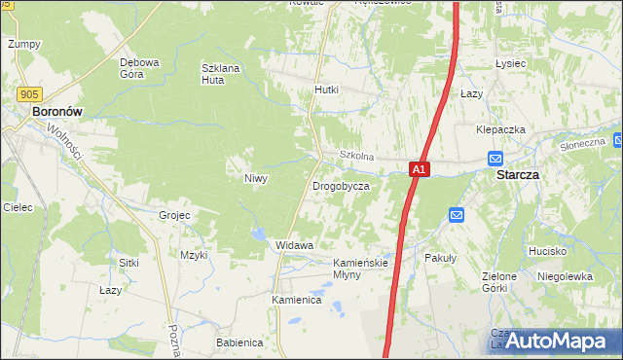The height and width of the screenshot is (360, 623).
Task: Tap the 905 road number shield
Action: [x=29, y=93]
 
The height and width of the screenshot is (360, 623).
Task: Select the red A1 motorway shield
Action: [x=418, y=169]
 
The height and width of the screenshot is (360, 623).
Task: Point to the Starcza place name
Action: [x=518, y=176]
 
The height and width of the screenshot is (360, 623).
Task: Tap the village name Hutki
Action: [x=326, y=90]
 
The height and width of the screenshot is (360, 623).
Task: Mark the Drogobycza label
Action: [x=340, y=185]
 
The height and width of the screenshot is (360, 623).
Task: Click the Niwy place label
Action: [x=255, y=178]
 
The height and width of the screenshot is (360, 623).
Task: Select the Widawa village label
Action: [x=294, y=245]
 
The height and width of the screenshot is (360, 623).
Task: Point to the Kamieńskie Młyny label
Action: [x=361, y=269]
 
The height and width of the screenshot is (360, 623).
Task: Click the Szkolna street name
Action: [x=356, y=156]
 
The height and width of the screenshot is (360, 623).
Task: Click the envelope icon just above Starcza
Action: [x=495, y=159]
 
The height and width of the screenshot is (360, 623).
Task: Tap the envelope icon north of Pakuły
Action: [x=456, y=215]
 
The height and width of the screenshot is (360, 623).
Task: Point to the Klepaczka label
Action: [x=500, y=129]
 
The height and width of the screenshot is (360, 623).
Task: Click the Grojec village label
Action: [x=173, y=214]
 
